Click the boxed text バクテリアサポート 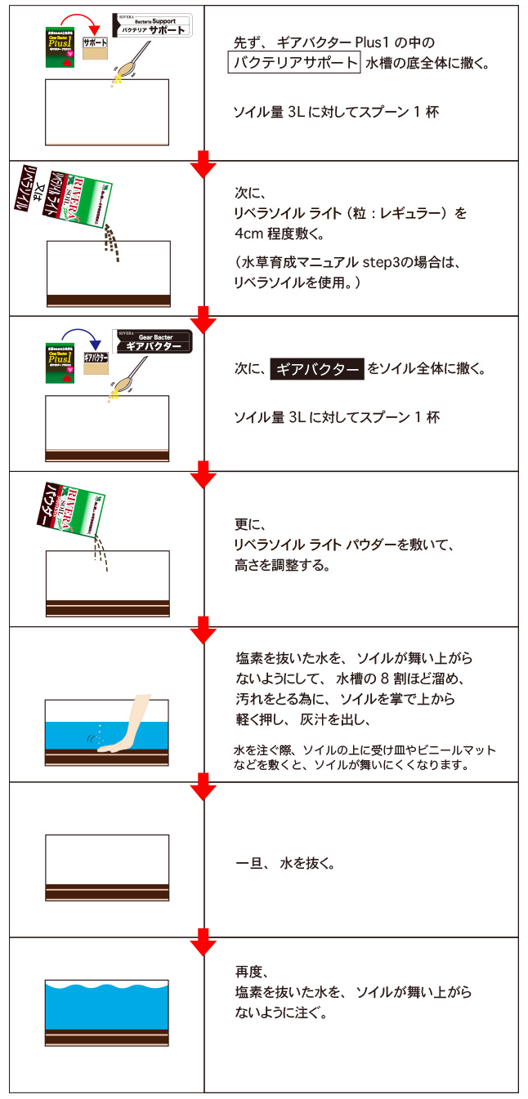[293, 63]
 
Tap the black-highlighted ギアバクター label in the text [317, 369]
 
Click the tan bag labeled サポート [96, 50]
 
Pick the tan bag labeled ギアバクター [96, 367]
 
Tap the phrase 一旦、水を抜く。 [284, 863]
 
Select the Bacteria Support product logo [152, 25]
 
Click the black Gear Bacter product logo [153, 341]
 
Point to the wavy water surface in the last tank [107, 990]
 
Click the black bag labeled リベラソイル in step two [28, 196]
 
